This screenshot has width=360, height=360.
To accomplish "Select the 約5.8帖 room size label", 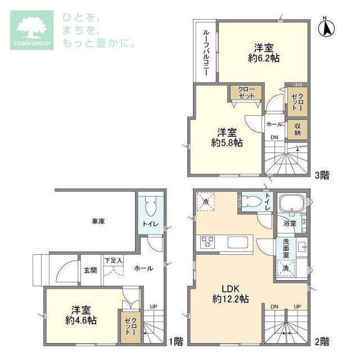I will (x=227, y=143).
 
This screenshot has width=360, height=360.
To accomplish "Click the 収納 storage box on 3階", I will (x=297, y=129).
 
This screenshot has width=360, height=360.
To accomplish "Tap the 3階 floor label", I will (x=322, y=175).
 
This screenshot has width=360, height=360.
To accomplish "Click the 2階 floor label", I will (x=322, y=341).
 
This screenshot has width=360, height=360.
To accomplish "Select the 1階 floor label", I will (x=176, y=341).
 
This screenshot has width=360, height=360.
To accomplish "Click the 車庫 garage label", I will (x=98, y=221).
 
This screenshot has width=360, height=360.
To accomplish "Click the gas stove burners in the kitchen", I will (x=207, y=243).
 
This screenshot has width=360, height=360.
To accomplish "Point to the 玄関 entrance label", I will (x=90, y=270).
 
